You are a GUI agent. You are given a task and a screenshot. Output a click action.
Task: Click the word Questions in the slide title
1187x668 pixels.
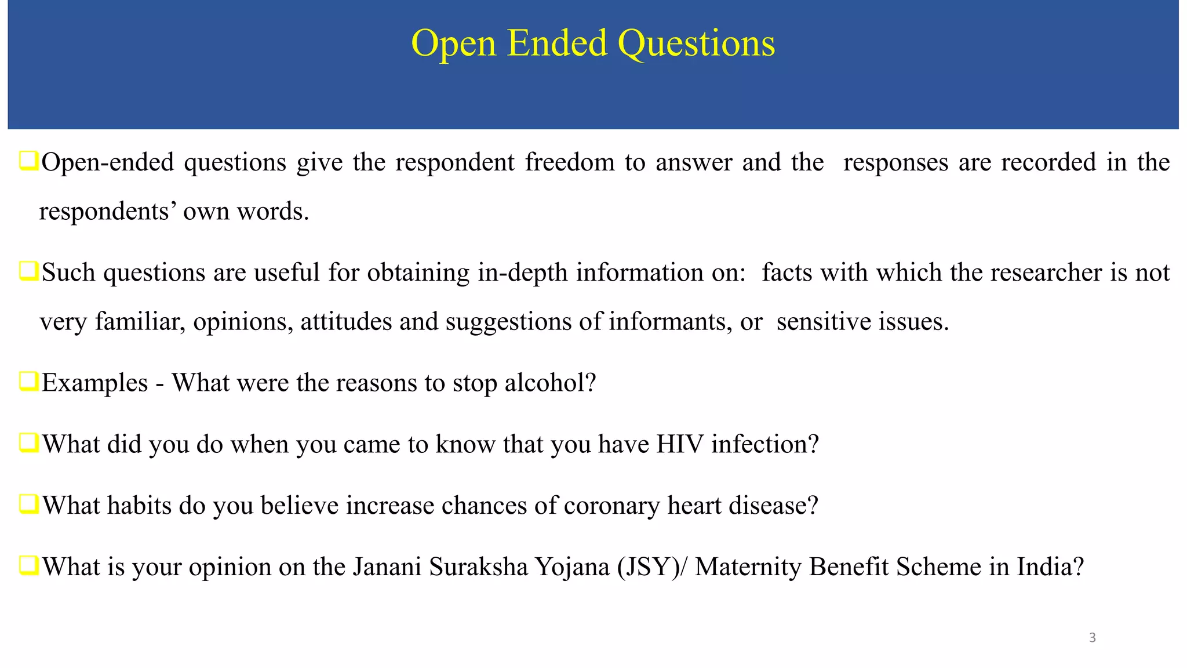coord(696,43)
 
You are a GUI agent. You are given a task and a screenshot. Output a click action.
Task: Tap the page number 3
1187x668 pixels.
coord(1092,638)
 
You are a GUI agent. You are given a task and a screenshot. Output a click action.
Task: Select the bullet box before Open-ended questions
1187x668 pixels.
coord(28,161)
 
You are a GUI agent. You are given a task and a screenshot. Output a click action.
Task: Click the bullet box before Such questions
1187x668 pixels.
coord(28,271)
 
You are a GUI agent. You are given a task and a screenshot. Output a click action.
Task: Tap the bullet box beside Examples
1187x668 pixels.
coord(28,382)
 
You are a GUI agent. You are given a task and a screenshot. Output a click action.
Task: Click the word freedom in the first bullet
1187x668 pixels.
coord(570,162)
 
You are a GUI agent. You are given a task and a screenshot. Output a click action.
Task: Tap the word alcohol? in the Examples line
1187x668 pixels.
coord(550,383)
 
